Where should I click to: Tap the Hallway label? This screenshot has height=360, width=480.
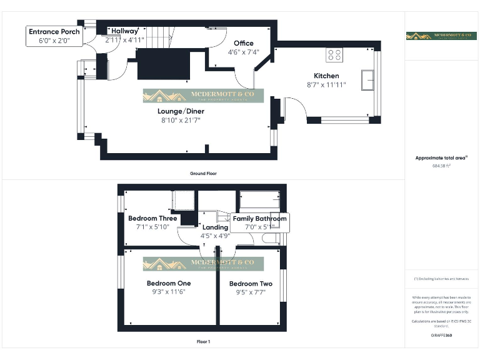click(124, 31)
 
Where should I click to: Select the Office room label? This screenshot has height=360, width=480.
click(243, 43)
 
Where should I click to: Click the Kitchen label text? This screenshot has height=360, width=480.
click(326, 76)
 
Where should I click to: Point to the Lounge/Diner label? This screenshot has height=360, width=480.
click(181, 111)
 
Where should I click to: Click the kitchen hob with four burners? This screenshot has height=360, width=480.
click(334, 54)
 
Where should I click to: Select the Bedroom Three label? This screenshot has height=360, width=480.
click(152, 219)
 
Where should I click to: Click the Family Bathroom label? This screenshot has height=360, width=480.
click(259, 219)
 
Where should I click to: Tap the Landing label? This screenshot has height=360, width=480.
click(216, 227)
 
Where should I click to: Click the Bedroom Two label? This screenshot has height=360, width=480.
click(251, 283)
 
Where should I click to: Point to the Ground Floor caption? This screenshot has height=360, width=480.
click(204, 172)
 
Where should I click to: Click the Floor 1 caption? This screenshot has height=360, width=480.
click(204, 342)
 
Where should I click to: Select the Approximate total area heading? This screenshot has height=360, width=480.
click(441, 158)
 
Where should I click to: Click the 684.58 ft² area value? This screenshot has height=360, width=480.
click(441, 166)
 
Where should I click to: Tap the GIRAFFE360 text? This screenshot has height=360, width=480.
click(441, 336)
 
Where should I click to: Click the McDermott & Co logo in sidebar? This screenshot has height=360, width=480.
click(441, 36)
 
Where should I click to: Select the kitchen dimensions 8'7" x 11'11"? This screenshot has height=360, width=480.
click(326, 85)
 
